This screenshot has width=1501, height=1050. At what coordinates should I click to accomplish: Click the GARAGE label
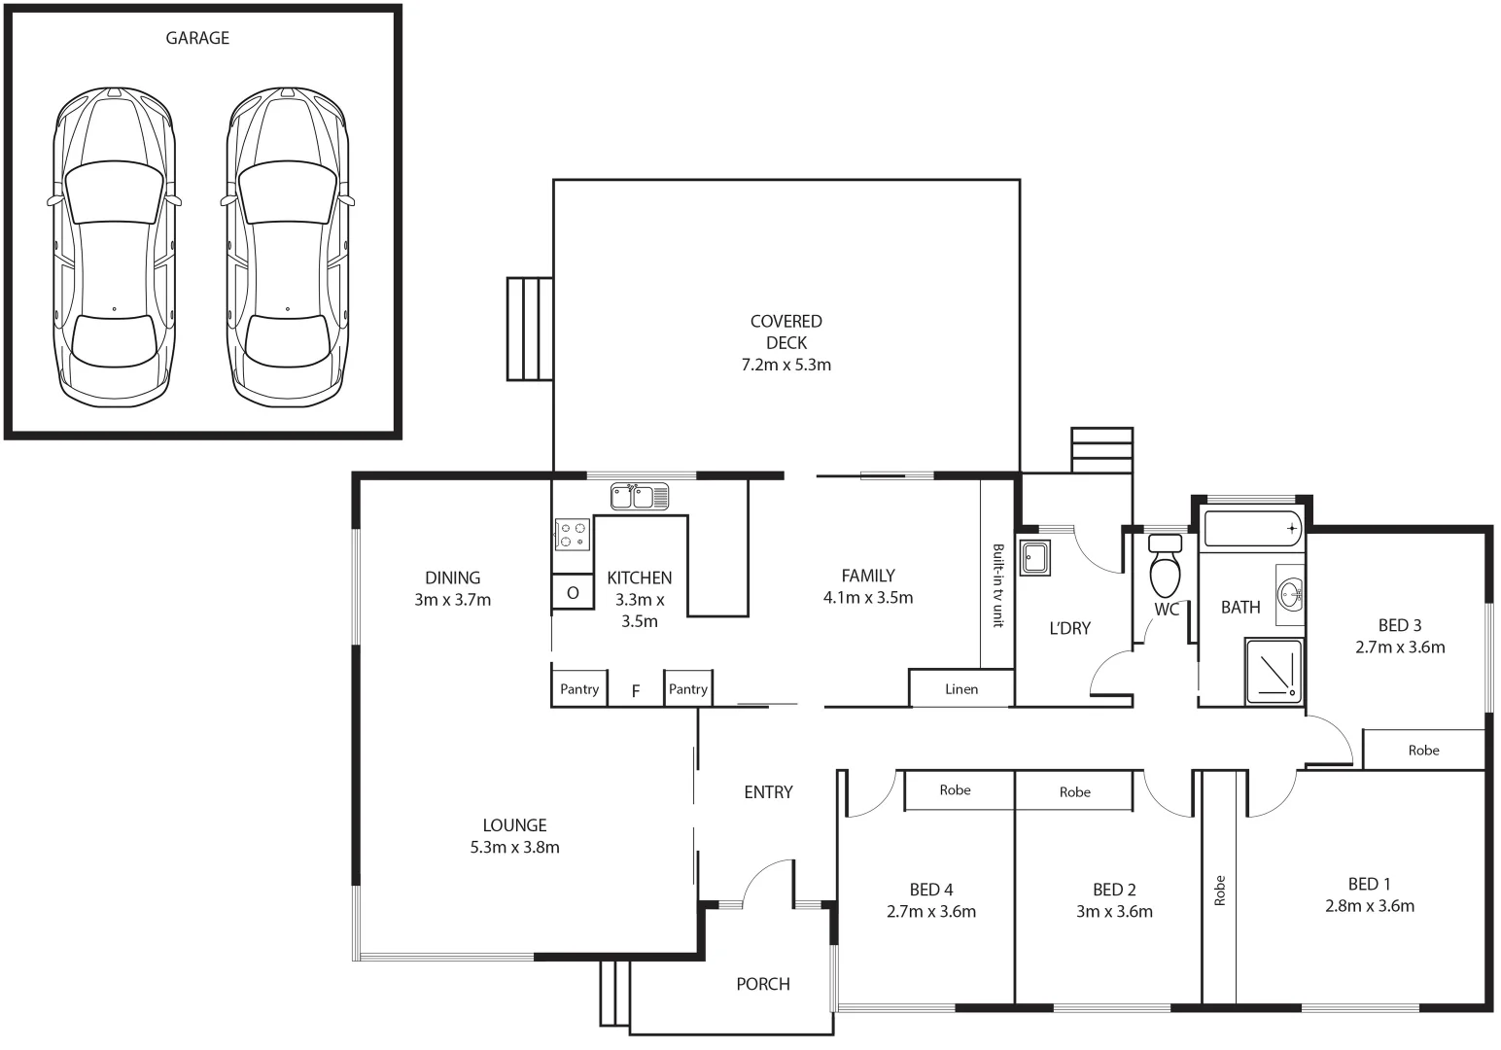click(x=197, y=38)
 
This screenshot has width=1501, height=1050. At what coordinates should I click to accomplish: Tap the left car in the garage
click(x=115, y=247)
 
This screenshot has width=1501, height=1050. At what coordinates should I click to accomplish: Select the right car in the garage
click(x=288, y=247)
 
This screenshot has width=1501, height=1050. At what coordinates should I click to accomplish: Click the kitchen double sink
click(x=640, y=497)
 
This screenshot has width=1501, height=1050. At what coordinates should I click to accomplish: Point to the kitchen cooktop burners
click(x=573, y=535)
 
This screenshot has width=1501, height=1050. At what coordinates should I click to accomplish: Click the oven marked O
click(x=573, y=592)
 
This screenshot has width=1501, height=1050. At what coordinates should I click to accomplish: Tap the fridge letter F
click(x=636, y=691)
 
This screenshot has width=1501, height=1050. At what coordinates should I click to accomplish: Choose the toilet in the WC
click(x=1166, y=565)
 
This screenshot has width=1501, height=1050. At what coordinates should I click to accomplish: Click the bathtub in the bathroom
click(x=1252, y=529)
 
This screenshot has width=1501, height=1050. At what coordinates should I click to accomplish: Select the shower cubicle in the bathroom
click(x=1274, y=672)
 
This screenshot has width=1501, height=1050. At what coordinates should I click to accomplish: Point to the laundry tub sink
click(x=1034, y=557)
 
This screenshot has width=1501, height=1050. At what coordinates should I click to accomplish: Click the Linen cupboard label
click(x=961, y=689)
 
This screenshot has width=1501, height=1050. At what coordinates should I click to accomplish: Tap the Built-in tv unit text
click(x=997, y=585)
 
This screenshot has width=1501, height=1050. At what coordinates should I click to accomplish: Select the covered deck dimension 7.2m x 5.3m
click(x=786, y=366)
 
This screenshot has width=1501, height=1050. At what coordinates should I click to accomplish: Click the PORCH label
click(x=763, y=984)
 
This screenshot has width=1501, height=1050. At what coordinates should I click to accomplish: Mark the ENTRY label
click(x=769, y=792)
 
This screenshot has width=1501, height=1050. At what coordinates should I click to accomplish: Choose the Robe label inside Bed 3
click(x=1424, y=751)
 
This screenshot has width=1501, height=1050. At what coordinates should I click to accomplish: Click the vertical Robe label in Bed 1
click(x=1219, y=891)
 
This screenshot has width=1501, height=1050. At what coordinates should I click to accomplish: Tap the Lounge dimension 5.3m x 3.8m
click(x=514, y=847)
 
